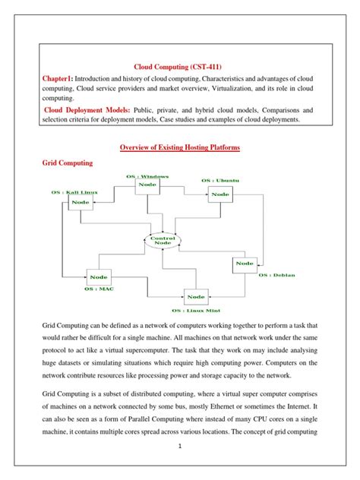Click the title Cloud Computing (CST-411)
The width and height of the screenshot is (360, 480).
point(179,66)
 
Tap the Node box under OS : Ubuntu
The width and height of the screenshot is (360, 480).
point(219,194)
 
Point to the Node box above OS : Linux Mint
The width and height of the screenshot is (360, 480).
point(195,296)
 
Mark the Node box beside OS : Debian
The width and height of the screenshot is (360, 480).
point(245,264)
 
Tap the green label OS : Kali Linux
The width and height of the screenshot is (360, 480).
point(73,193)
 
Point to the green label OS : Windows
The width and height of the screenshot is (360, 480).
point(147,175)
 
